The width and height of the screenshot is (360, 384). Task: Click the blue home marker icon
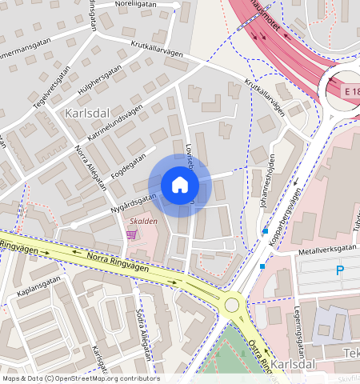(x=180, y=185)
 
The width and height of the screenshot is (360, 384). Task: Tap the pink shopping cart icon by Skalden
(x=131, y=234)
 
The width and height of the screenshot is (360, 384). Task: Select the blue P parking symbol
(x=339, y=271)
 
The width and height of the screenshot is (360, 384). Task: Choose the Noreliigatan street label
(x=137, y=4)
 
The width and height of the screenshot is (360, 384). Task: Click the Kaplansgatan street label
(x=37, y=298)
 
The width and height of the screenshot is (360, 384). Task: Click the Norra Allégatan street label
(x=90, y=169)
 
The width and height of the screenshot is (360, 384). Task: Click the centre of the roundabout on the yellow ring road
(x=233, y=304)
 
